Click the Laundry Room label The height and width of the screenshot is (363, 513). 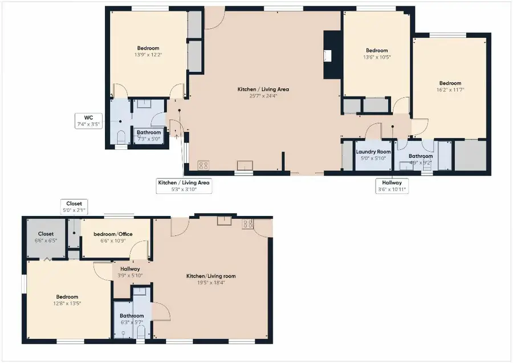coord(373,152)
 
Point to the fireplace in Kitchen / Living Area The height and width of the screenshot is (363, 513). coord(329,55)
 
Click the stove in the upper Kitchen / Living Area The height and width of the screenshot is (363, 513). coord(202,166)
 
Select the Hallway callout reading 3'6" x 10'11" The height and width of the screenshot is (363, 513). coord(392,186)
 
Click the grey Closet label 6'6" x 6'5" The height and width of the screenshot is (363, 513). coord(46,236)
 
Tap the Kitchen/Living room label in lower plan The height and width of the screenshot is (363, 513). coord(211,276)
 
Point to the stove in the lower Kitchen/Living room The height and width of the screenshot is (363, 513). coord(247,223)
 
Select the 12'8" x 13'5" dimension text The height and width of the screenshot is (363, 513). coord(67,303)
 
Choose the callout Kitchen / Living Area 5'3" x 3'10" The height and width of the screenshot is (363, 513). coord(184,186)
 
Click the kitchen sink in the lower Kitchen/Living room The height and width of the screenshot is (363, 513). coord(224,222)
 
